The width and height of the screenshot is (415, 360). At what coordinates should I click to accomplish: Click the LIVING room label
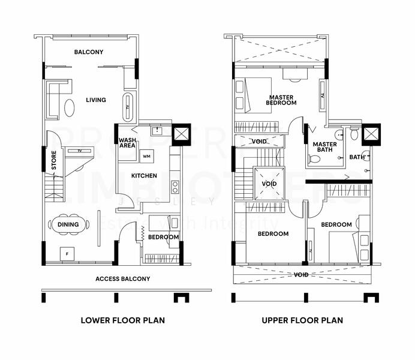click(x=95, y=100)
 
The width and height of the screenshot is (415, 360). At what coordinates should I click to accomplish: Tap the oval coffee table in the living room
click(x=70, y=108)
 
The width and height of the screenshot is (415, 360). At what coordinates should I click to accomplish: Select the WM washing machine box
click(x=146, y=157)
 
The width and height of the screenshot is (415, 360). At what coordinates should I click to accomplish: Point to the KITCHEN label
click(x=144, y=176)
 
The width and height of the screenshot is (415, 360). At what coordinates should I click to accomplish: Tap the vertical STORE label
click(x=54, y=160)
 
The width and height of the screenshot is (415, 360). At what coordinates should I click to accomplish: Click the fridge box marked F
click(x=67, y=254)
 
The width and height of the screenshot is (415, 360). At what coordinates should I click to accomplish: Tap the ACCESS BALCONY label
click(x=123, y=279)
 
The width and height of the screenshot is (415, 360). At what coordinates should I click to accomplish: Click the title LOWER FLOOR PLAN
click(x=122, y=320)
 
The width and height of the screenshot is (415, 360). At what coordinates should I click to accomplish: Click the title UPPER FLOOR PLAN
click(x=302, y=320)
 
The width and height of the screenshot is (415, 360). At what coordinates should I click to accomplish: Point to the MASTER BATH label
click(x=324, y=148)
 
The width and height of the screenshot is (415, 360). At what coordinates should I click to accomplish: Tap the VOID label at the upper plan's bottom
click(x=302, y=275)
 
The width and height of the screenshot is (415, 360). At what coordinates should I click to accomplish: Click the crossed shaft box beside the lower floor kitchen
click(x=181, y=133)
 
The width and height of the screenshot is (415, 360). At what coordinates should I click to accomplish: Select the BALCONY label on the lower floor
click(x=89, y=52)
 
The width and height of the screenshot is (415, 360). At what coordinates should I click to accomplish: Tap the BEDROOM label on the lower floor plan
click(x=163, y=237)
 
